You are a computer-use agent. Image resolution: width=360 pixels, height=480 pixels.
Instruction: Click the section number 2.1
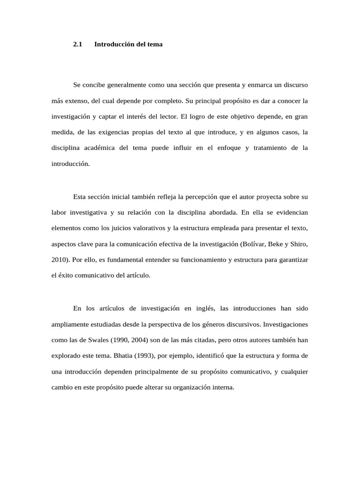click(x=78, y=45)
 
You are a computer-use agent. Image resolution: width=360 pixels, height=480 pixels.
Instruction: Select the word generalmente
click(x=127, y=85)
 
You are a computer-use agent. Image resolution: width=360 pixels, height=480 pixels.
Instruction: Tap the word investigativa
click(x=89, y=212)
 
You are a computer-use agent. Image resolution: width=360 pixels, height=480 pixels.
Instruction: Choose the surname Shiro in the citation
click(x=299, y=244)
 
